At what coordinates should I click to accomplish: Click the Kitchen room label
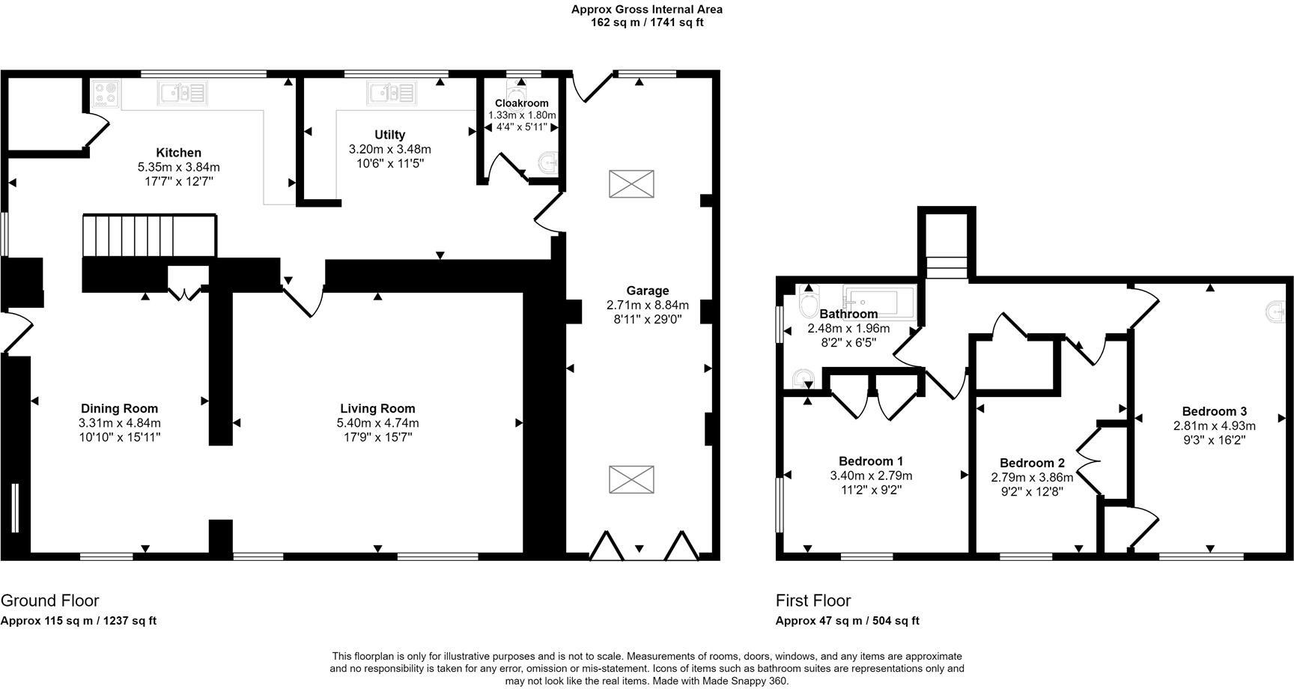(x=178, y=153)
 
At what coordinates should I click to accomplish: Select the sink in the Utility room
(x=390, y=94)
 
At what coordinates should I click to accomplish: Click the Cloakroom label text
(x=521, y=103)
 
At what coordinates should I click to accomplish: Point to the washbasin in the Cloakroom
(x=550, y=161)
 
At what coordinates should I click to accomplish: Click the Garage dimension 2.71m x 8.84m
(x=647, y=306)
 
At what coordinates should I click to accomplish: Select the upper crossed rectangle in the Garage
(x=631, y=184)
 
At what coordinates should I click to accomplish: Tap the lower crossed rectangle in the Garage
(x=631, y=479)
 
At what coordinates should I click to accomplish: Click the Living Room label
(x=377, y=409)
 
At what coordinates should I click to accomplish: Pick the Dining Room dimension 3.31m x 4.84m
(x=120, y=423)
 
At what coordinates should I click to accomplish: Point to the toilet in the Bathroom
(x=808, y=303)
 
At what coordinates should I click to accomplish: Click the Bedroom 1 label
(x=870, y=461)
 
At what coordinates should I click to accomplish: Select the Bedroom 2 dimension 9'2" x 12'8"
(x=1031, y=492)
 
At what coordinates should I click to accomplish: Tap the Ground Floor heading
(x=49, y=601)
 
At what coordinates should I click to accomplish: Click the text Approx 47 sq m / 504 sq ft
(x=847, y=621)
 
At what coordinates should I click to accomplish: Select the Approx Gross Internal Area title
(x=646, y=10)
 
